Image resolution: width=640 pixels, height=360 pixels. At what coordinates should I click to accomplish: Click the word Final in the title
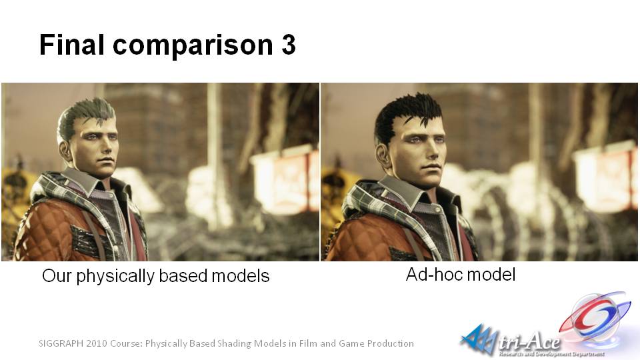(x=72, y=44)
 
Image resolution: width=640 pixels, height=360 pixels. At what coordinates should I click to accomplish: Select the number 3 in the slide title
(x=288, y=45)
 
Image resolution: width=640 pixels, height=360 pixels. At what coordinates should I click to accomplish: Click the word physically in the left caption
(x=116, y=277)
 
